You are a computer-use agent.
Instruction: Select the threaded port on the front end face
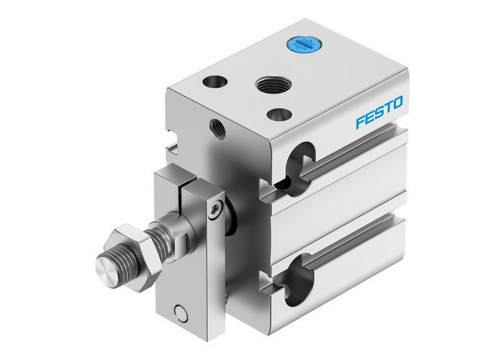(215, 128)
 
